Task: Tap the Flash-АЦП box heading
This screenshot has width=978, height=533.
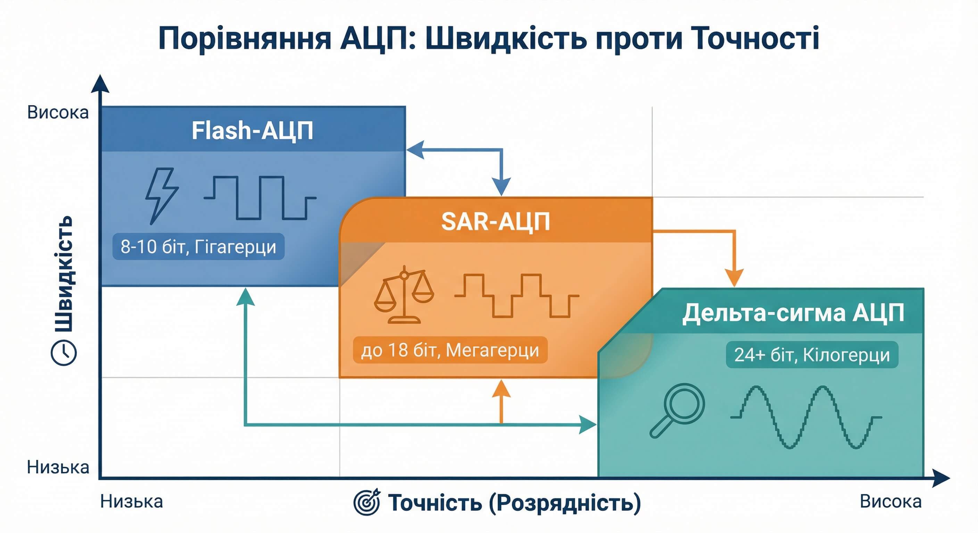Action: coord(252,131)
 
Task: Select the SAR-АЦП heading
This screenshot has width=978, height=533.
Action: coord(496,222)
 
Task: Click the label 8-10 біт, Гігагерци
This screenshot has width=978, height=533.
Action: coord(198,247)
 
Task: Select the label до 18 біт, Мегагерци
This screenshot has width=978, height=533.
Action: coord(450,350)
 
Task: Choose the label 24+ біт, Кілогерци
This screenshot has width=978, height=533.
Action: coord(812,355)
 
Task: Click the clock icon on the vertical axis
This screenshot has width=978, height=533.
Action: coord(64,353)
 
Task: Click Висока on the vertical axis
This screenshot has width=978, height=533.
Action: coord(58,113)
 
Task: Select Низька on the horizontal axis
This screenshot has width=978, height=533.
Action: coord(131,502)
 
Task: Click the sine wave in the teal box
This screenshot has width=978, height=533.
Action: coord(805,417)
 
